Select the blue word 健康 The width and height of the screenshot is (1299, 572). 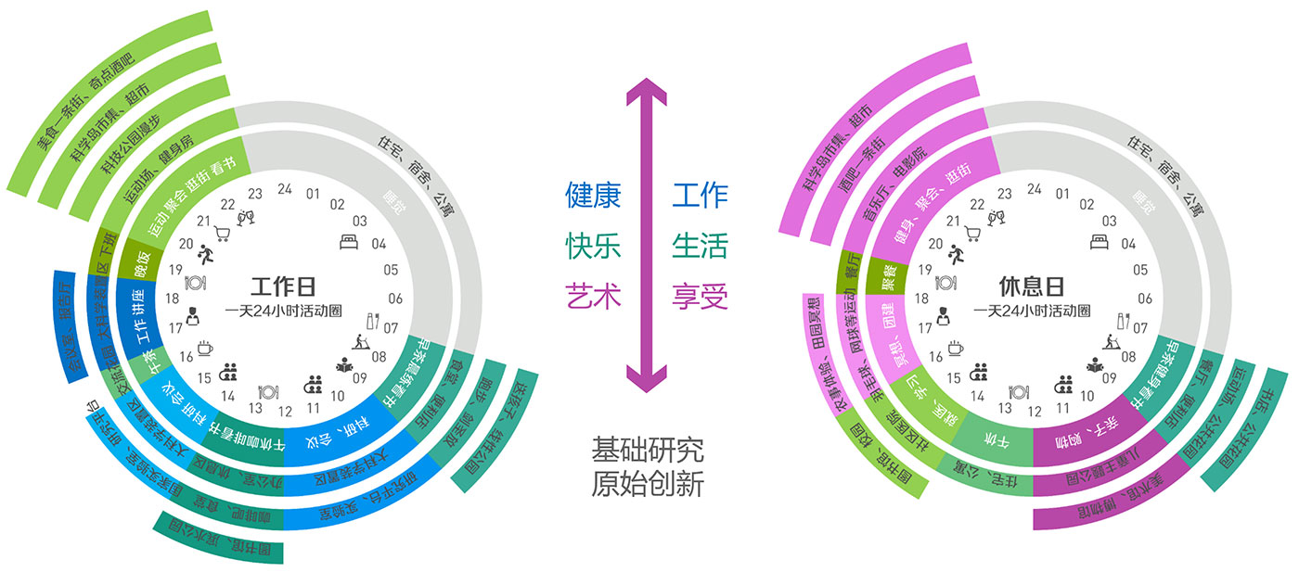(x=594, y=196)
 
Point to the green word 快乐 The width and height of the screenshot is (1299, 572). (x=594, y=247)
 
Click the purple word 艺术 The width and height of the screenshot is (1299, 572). (x=594, y=297)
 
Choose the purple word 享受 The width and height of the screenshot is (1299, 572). (x=701, y=297)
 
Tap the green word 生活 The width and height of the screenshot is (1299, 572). (x=701, y=247)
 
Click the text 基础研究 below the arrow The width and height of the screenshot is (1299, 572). (x=648, y=451)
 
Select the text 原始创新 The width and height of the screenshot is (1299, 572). (x=648, y=484)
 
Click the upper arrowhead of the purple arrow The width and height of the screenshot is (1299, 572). (x=648, y=93)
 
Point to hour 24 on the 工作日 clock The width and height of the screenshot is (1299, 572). (x=285, y=189)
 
